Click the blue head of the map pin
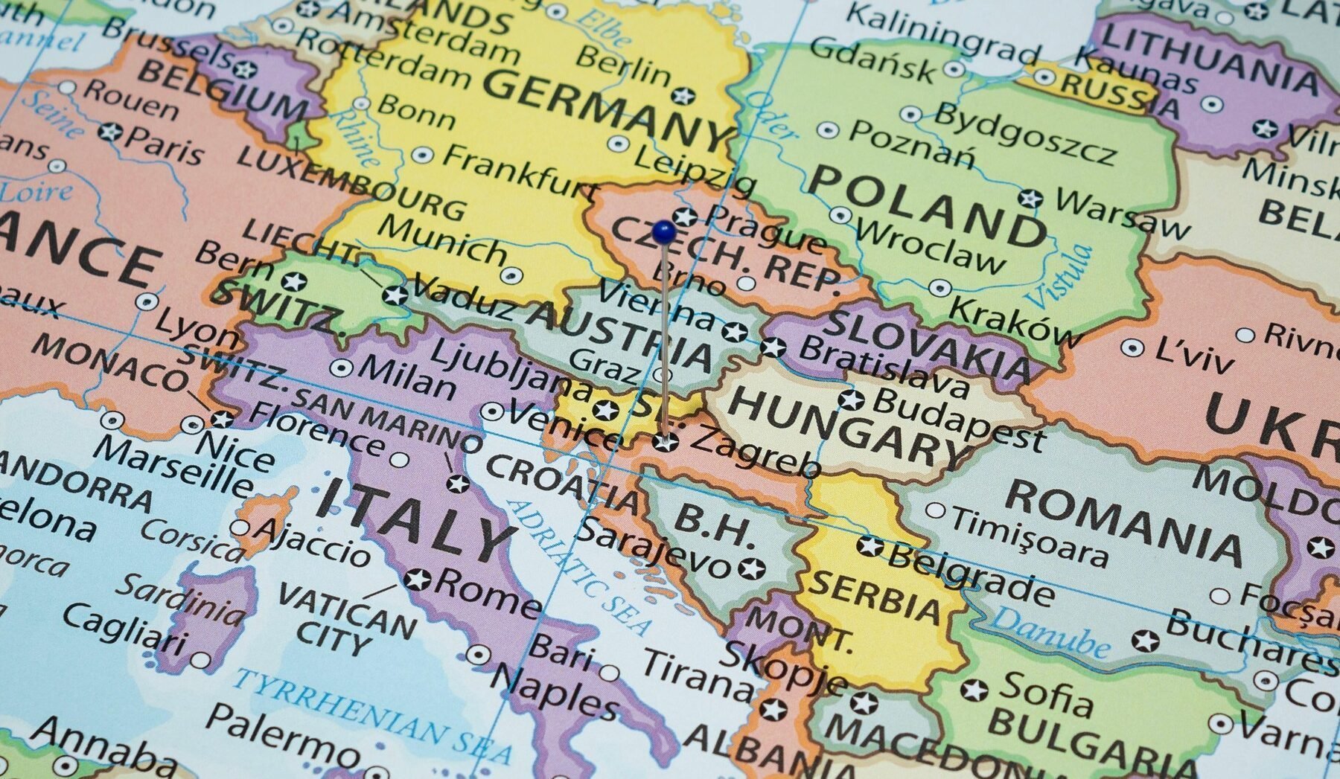coord(663,231)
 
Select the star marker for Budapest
coord(851,400)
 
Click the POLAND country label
coord(928,207)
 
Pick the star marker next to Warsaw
coord(1030,199)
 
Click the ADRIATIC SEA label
coord(577,565)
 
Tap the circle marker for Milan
coord(342,368)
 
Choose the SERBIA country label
coord(875,596)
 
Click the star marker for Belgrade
coord(870,546)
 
